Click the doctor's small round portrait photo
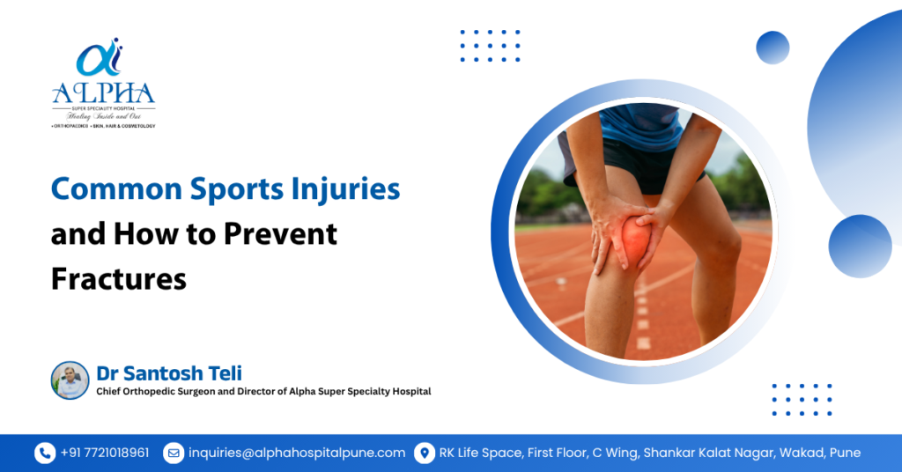pyautogui.click(x=70, y=380)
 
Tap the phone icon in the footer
pyautogui.click(x=44, y=453)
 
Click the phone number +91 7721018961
pyautogui.click(x=105, y=453)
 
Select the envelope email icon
pyautogui.click(x=174, y=453)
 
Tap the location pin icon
pyautogui.click(x=425, y=453)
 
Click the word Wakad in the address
pyautogui.click(x=796, y=453)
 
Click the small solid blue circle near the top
pyautogui.click(x=773, y=48)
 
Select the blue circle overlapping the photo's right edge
pyautogui.click(x=860, y=247)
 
